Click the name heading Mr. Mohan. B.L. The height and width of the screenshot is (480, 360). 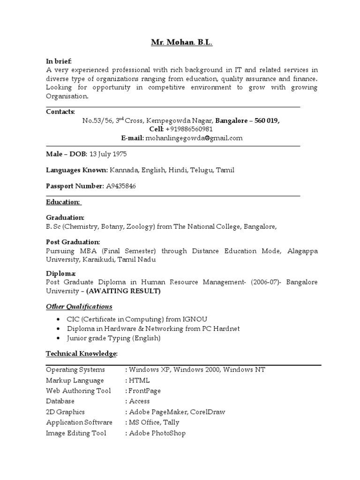[181, 43]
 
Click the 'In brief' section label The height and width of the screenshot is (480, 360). [59, 61]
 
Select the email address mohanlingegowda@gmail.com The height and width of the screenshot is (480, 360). [194, 138]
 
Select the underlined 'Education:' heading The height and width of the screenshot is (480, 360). [63, 202]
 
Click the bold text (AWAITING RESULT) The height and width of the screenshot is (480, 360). [124, 291]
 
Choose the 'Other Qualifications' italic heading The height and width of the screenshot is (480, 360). [79, 307]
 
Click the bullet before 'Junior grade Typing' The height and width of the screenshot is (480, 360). [57, 338]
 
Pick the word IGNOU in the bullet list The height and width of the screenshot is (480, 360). [188, 319]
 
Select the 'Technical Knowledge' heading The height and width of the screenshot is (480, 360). [81, 353]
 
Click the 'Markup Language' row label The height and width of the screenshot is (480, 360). [75, 380]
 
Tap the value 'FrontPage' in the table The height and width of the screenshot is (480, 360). [145, 390]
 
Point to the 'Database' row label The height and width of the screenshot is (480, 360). [60, 401]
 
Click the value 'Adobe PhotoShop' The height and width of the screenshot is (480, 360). [157, 433]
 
